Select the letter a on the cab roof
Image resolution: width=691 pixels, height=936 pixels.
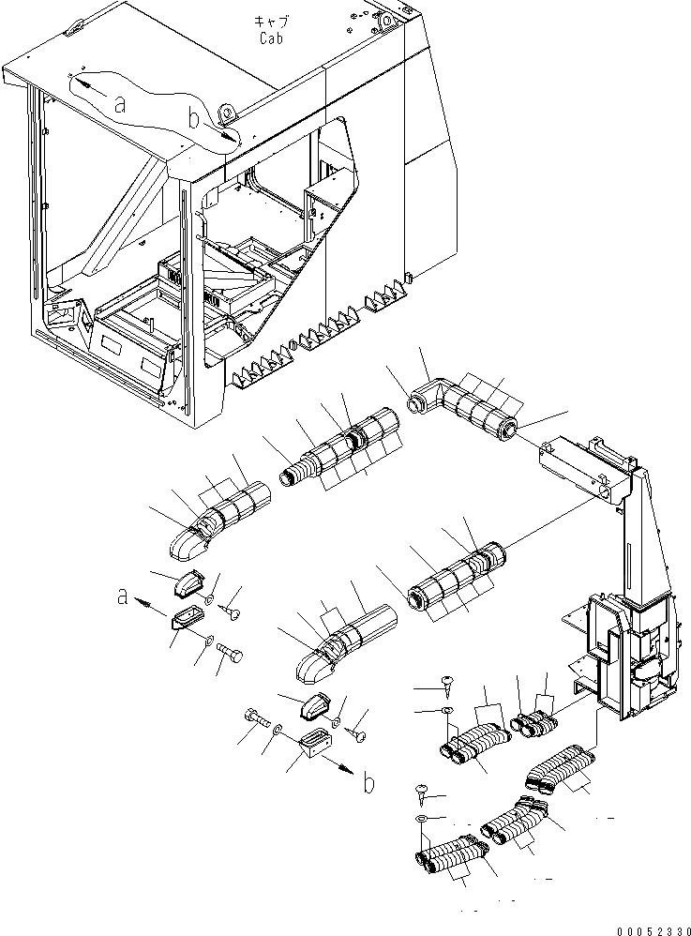click(119, 106)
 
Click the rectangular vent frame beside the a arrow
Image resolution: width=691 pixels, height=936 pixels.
click(184, 621)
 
